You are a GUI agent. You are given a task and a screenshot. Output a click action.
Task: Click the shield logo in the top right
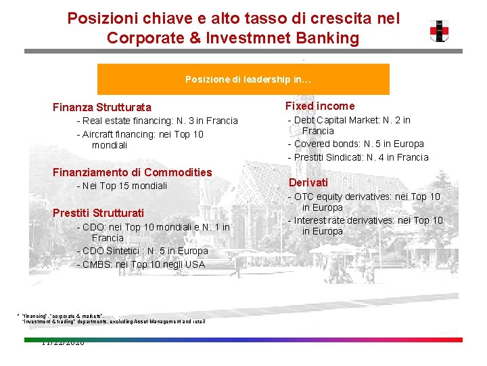point(439,30)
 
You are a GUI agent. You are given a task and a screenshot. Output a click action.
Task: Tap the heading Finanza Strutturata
point(102,107)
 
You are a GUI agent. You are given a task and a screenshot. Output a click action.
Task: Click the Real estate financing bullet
point(158,121)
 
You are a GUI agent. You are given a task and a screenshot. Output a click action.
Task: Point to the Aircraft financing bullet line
point(140,134)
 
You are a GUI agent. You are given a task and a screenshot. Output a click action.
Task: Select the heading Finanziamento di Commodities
point(133,172)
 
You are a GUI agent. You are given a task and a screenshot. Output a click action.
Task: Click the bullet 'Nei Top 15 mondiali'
point(122,186)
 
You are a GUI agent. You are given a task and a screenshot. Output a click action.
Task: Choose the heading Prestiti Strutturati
point(98,213)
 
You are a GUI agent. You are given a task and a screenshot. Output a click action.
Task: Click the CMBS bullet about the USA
point(141,264)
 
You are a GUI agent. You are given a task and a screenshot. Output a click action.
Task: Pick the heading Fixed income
point(319,106)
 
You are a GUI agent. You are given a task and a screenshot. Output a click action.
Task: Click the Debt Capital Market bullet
point(349,121)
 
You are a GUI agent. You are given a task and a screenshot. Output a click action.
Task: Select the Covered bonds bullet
point(356,144)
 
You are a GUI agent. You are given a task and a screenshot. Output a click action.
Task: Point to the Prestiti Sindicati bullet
point(358,157)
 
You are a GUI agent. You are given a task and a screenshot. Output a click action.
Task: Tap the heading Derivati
point(308,182)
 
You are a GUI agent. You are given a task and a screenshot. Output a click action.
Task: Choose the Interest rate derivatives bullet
point(365,220)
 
